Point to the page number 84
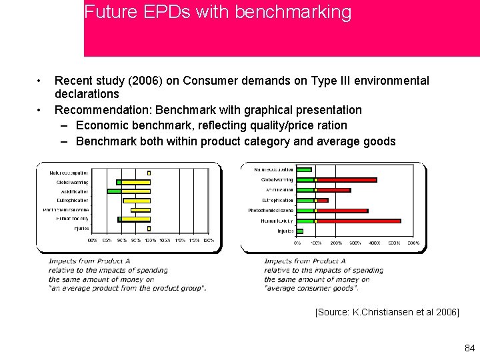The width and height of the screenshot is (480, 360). click(469, 348)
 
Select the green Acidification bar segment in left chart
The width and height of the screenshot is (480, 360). click(114, 191)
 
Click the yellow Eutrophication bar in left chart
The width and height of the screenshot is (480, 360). click(137, 200)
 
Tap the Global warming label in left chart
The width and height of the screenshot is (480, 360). click(72, 181)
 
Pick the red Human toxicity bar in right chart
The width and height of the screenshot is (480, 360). click(359, 221)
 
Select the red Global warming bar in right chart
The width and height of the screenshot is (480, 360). click(347, 179)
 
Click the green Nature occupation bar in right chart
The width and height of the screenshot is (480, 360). click(304, 169)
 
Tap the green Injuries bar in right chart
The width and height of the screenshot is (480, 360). click(300, 231)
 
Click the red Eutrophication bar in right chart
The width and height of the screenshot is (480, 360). click(323, 200)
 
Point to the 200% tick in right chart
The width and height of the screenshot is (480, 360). click(336, 243)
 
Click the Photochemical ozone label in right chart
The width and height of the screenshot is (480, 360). click(271, 211)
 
